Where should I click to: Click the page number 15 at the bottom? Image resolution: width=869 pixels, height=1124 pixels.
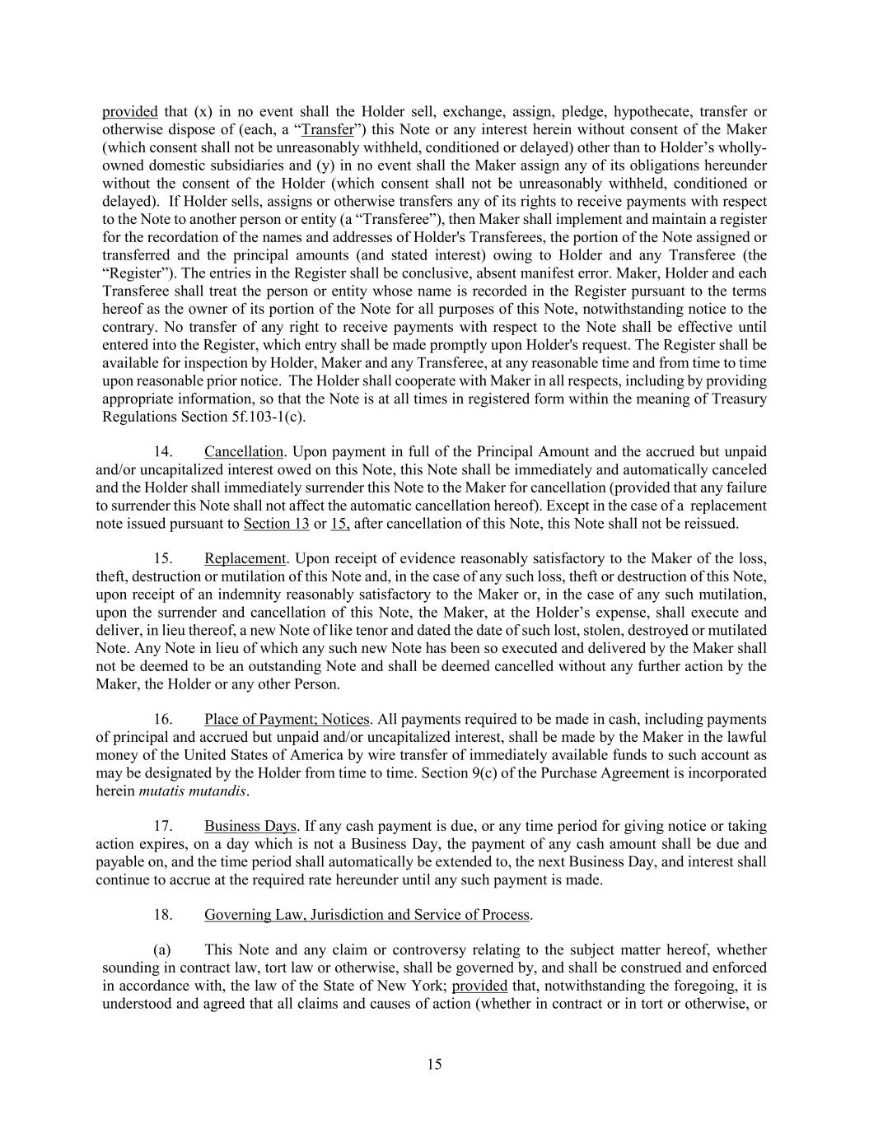435,1064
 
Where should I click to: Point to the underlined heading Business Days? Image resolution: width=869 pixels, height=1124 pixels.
250,826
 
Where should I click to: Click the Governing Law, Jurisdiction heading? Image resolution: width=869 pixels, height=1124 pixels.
367,914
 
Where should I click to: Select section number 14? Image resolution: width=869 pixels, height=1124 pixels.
163,451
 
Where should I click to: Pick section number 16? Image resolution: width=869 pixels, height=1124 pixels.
163,720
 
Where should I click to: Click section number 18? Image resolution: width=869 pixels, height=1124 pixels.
163,914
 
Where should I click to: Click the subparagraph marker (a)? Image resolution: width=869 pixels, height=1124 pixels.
162,949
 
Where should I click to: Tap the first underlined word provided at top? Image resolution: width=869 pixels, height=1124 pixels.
129,111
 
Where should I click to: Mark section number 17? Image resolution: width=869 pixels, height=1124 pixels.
163,826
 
